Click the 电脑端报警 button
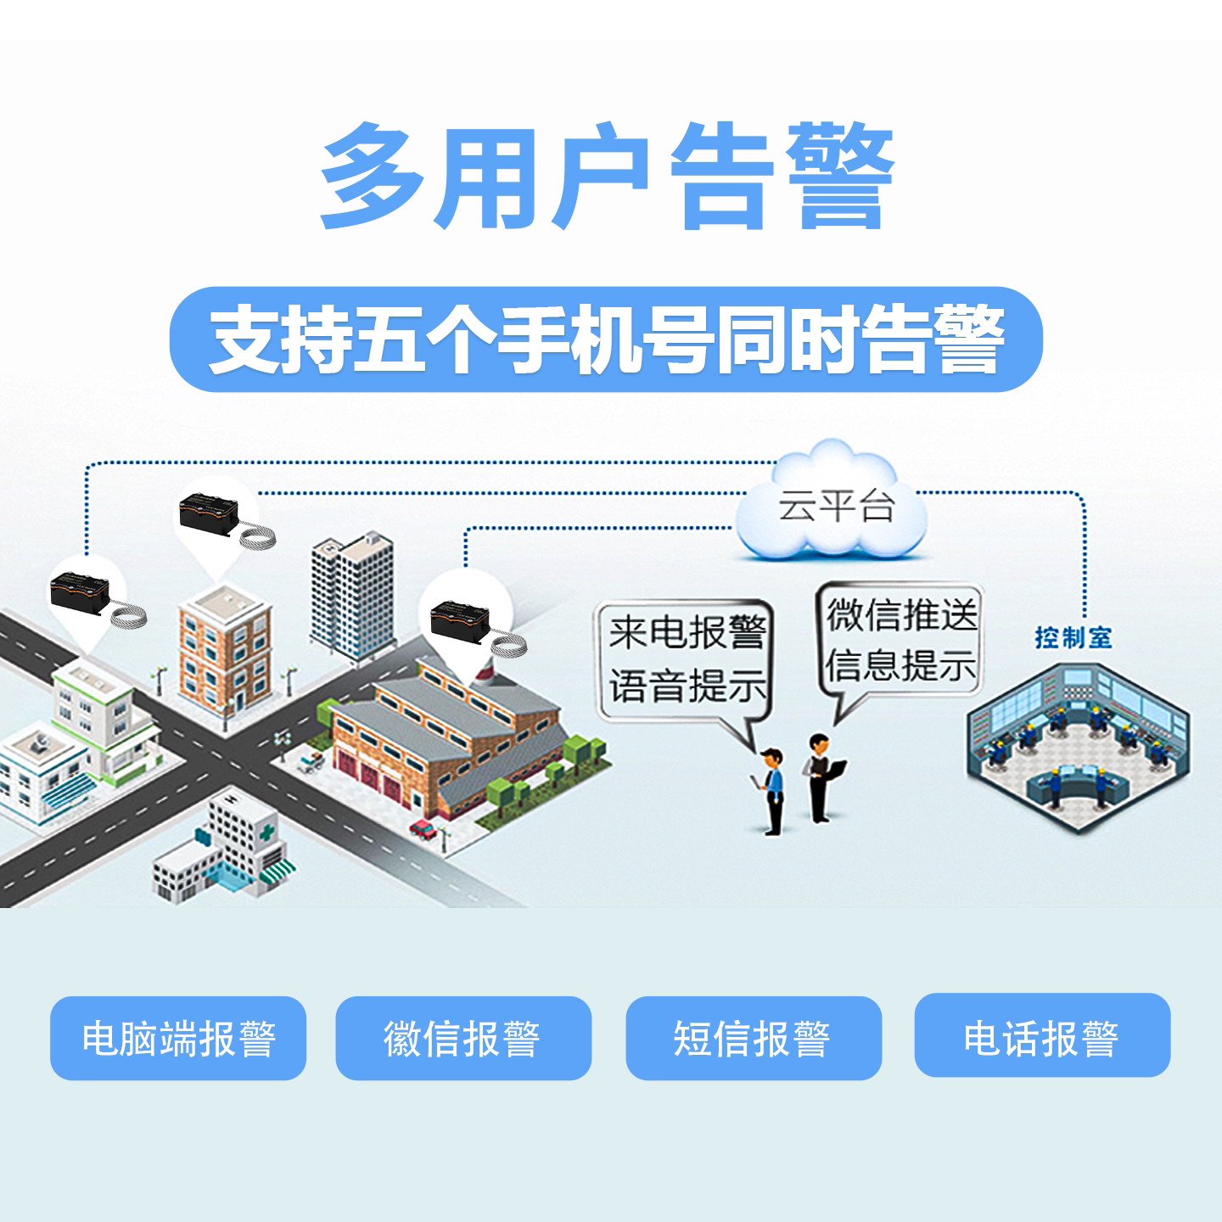(178, 1038)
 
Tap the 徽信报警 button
(463, 1038)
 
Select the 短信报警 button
(754, 1038)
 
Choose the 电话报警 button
(1042, 1036)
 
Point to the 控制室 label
(1073, 637)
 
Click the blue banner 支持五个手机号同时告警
(606, 339)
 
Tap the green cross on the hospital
(269, 829)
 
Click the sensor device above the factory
(463, 618)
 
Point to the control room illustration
(1078, 747)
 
